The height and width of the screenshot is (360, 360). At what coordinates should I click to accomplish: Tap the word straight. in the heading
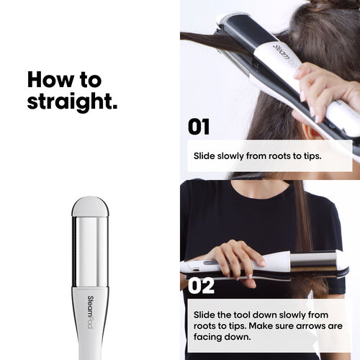point(72,102)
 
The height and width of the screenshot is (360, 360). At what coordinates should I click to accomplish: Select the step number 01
point(199,127)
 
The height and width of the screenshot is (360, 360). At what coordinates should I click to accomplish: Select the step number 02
point(201,286)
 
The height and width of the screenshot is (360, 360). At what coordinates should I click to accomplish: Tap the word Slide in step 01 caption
point(204,156)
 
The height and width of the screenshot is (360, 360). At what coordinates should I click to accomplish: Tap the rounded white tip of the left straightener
point(90,207)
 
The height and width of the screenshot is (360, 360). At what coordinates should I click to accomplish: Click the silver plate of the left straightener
point(91,252)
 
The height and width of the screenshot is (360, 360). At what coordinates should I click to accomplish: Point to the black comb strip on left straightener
point(74,252)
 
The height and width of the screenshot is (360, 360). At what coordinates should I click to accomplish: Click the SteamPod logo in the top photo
point(285,55)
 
